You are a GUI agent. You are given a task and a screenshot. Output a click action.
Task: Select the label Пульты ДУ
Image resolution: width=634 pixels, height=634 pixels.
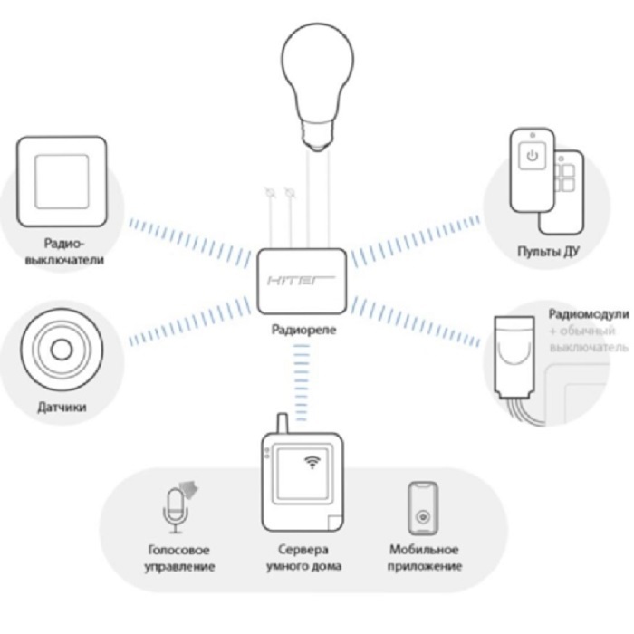(543, 251)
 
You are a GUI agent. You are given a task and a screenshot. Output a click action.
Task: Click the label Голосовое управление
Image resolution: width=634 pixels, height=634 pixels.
(178, 558)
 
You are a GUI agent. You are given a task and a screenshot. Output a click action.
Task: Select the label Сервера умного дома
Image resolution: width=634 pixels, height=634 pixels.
(304, 558)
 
